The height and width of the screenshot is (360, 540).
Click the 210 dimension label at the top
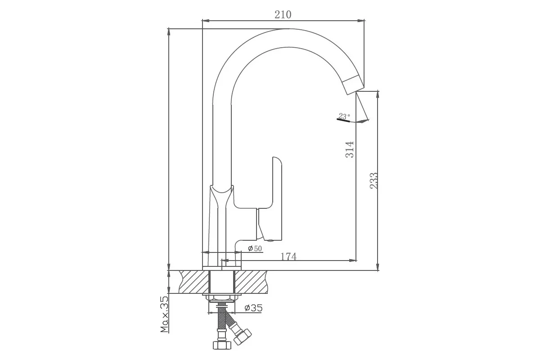pyautogui.click(x=283, y=15)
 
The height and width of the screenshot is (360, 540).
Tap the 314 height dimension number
pyautogui.click(x=350, y=149)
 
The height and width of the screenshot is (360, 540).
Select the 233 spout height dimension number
pyautogui.click(x=373, y=180)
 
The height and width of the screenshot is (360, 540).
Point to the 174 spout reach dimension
pyautogui.click(x=288, y=257)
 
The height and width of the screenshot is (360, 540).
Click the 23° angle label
pyautogui.click(x=344, y=116)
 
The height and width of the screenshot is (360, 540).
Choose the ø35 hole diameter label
pyautogui.click(x=253, y=308)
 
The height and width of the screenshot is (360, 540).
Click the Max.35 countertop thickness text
pyautogui.click(x=165, y=315)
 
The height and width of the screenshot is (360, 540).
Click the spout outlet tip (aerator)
pyautogui.click(x=354, y=85)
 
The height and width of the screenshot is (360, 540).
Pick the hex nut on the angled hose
pyautogui.click(x=243, y=336)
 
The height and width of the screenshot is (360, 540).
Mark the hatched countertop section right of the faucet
pyautogui.click(x=251, y=282)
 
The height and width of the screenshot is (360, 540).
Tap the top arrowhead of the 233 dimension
pyautogui.click(x=378, y=95)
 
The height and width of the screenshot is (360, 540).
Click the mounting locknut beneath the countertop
pyautogui.click(x=222, y=299)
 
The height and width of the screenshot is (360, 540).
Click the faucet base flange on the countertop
pyautogui.click(x=222, y=268)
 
